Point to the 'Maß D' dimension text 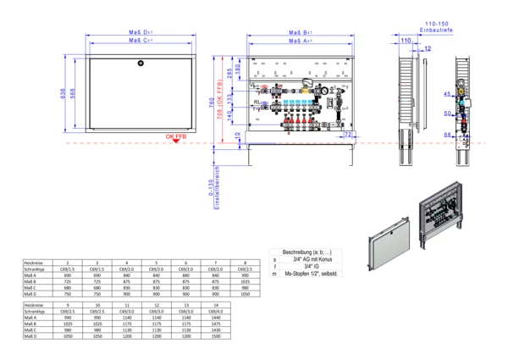[x=141, y=30]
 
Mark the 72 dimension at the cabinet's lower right [x=347, y=134]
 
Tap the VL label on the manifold [x=257, y=87]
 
